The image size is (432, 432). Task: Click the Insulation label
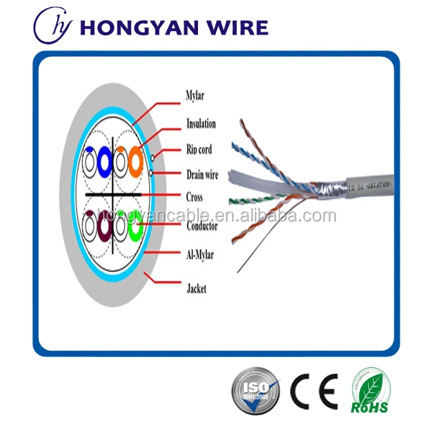201,123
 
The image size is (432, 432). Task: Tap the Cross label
194,197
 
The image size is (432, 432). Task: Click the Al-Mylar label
200,253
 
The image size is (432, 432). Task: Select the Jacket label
196,289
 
